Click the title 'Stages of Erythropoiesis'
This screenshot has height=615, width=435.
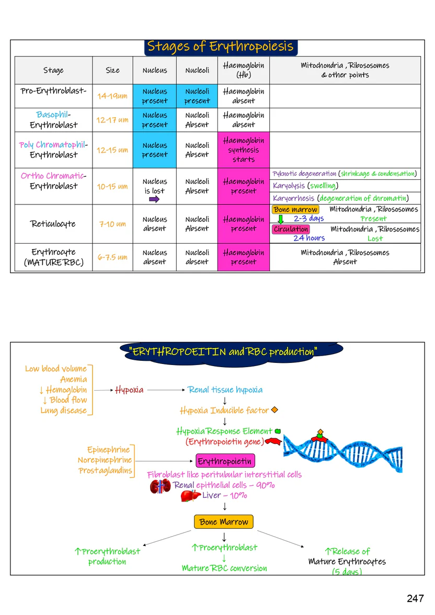[x=220, y=47]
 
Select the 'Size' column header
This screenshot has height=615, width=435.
[x=112, y=70]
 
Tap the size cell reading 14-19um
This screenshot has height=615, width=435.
[x=112, y=96]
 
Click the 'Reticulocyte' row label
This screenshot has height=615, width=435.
[x=53, y=224]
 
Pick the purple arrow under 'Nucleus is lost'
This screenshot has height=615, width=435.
[x=155, y=199]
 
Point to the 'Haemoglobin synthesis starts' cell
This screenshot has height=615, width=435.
[x=244, y=150]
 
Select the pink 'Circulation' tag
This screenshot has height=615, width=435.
[x=291, y=229]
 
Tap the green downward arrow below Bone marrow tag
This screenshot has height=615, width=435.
[x=280, y=220]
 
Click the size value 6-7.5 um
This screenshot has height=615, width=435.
[x=112, y=257]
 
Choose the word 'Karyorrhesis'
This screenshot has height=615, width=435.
[x=294, y=198]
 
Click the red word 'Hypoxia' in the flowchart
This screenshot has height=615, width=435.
[x=129, y=390]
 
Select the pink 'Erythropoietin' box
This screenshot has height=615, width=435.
[x=225, y=461]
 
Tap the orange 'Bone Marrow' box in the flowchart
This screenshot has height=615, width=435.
[x=224, y=522]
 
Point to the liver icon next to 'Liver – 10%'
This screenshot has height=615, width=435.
[x=190, y=495]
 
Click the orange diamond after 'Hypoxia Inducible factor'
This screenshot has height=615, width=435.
[x=274, y=411]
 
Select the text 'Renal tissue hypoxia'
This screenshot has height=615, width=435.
[x=225, y=390]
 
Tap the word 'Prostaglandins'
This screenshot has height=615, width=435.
[x=105, y=471]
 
